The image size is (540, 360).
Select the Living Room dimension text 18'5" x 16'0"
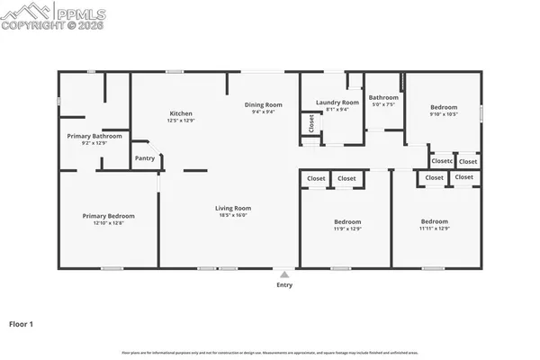pos(231,215)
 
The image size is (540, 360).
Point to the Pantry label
pos(145,158)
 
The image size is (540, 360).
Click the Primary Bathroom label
pos(94,136)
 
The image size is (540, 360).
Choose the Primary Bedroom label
pos(108,216)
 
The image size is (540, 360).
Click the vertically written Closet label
pos(311,123)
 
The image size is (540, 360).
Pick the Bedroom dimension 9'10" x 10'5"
pos(443,114)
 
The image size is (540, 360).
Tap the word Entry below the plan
pos(284,285)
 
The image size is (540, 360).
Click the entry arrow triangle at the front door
pos(284,274)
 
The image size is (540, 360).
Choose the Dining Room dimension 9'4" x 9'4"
pos(264,112)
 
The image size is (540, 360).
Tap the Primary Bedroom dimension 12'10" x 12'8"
pos(108,223)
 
